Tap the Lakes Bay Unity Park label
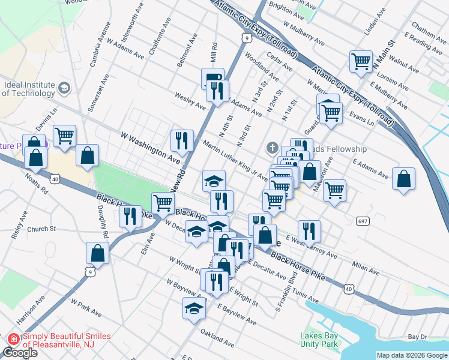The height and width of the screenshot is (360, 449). pos(320,340)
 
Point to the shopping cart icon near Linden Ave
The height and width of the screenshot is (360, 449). pos(361,61)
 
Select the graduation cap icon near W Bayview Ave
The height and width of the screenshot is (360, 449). pos(194,308)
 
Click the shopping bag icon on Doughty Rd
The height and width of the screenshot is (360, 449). pos(97,253)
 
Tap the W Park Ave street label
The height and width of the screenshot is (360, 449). pos(86,308)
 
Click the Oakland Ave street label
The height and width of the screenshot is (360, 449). pos(217,338)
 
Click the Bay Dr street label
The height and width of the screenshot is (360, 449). pos(417,337)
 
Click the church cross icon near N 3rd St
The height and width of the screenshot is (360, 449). pos(271,148)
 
